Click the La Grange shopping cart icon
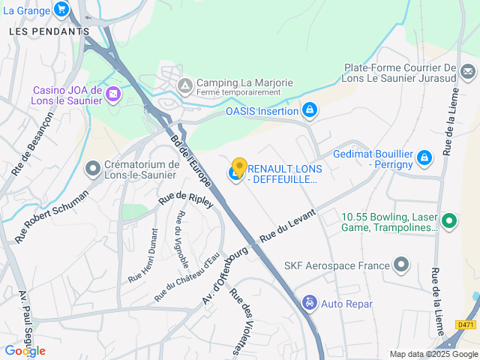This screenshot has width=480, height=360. pos(61,10)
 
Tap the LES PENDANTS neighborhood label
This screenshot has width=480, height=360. pos(49,31)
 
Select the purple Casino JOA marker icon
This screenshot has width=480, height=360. pos(112,94)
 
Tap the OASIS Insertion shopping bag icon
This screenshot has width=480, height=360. pos(309,111)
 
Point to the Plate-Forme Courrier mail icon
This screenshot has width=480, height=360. pos(468,73)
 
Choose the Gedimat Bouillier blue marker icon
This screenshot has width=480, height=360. pos(424,157)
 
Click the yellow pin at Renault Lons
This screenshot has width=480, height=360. pos(239,167)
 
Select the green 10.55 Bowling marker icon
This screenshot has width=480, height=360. pos(449,220)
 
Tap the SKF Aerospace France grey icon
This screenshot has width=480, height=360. pos(402,264)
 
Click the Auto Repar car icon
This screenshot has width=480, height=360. pos(309,303)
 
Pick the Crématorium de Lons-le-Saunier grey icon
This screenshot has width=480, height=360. pos(93,169)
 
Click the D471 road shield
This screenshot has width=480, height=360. pos(466,325)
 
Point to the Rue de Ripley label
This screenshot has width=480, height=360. pos(186,199)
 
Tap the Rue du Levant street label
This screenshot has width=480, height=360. pos(288,224)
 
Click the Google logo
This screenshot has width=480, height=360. pos(25,351)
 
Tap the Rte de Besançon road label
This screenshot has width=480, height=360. pos(32,145)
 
